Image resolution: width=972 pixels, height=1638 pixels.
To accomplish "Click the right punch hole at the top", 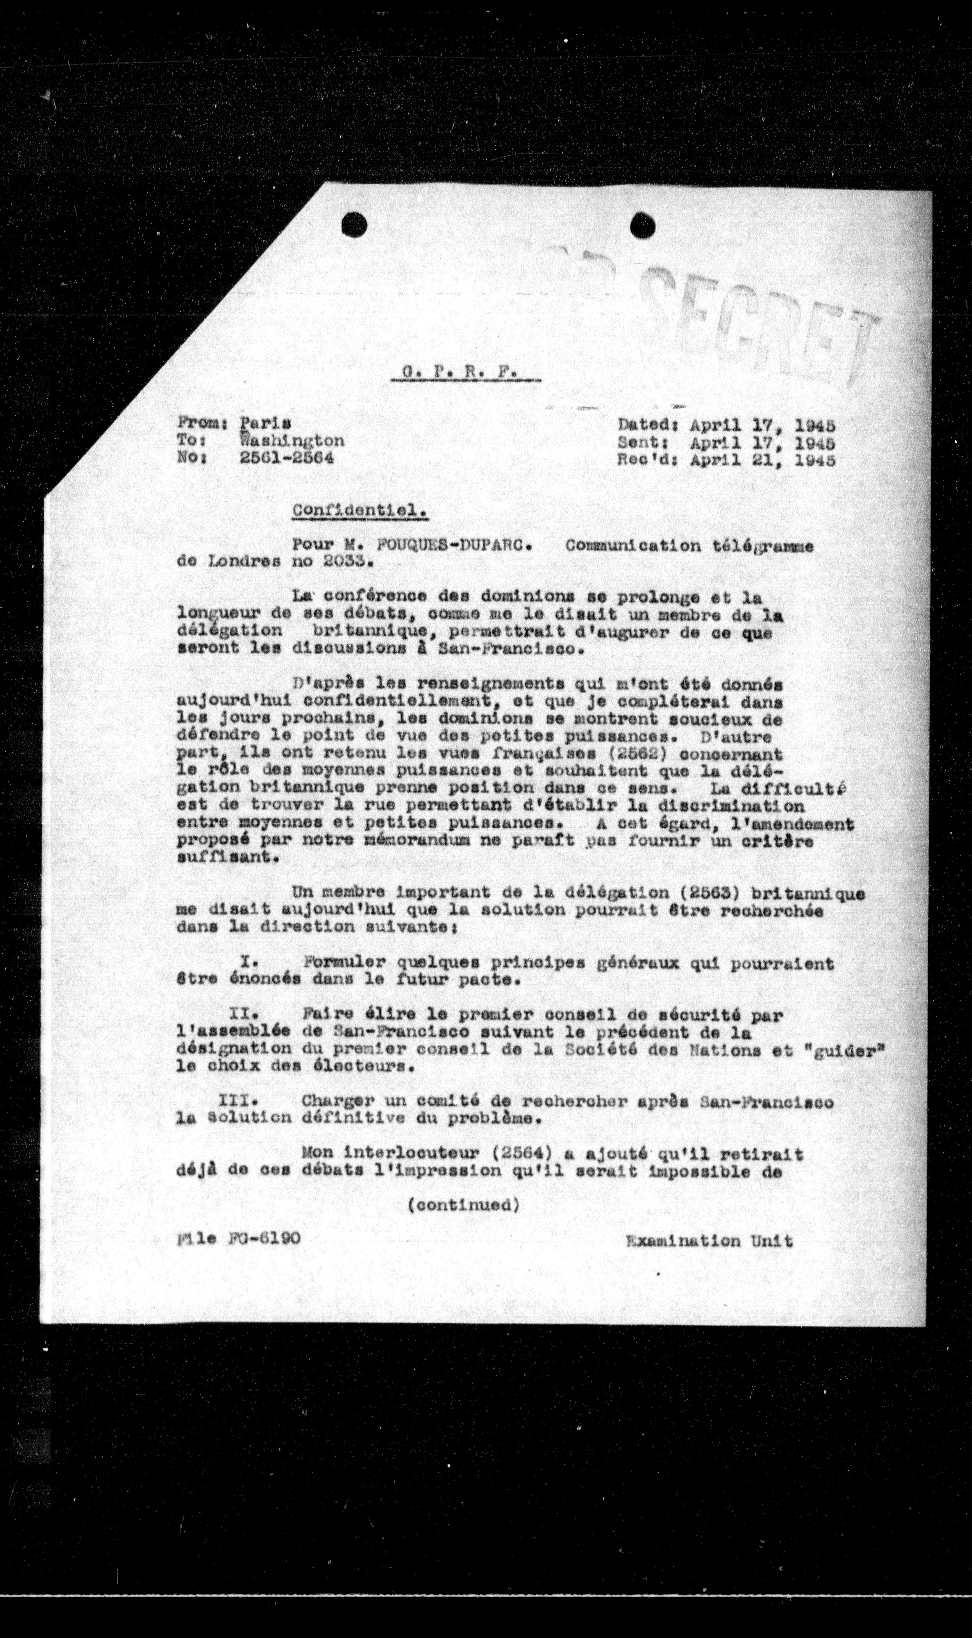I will pos(643,226).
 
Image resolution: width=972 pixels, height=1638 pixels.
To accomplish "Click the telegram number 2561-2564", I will pos(286,458).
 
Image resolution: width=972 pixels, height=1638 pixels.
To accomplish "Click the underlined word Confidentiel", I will pos(359,510).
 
